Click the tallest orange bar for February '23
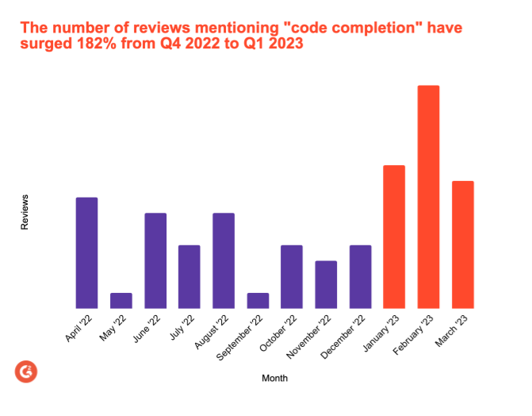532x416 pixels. [428, 197]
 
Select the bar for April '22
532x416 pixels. [86, 252]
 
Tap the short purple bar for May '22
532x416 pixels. [121, 300]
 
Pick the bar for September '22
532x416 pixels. [258, 300]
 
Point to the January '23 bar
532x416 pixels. [394, 237]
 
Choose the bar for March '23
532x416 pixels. [462, 245]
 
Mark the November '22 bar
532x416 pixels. [326, 284]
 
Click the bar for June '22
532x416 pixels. [155, 260]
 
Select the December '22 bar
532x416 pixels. [360, 276]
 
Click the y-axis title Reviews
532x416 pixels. [25, 212]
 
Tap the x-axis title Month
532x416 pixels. [274, 378]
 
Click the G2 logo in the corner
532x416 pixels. [26, 371]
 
